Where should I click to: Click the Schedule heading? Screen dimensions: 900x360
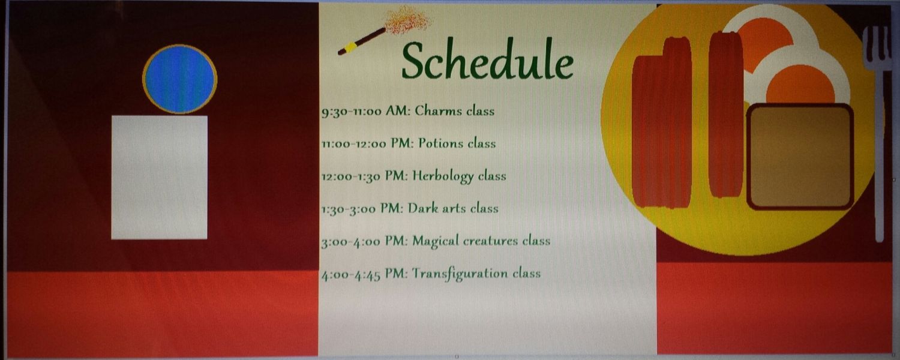tap(487, 60)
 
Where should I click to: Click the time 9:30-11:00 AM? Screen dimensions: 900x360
tap(365, 111)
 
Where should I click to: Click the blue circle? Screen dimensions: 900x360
tap(179, 79)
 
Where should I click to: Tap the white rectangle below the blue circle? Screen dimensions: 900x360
tap(160, 178)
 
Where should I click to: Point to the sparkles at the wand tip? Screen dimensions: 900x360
tap(407, 20)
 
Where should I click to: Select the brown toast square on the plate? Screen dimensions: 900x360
tap(800, 157)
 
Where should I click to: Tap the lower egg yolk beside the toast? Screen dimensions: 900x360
tap(800, 85)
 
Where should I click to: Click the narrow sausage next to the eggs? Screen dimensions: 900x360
tap(725, 115)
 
